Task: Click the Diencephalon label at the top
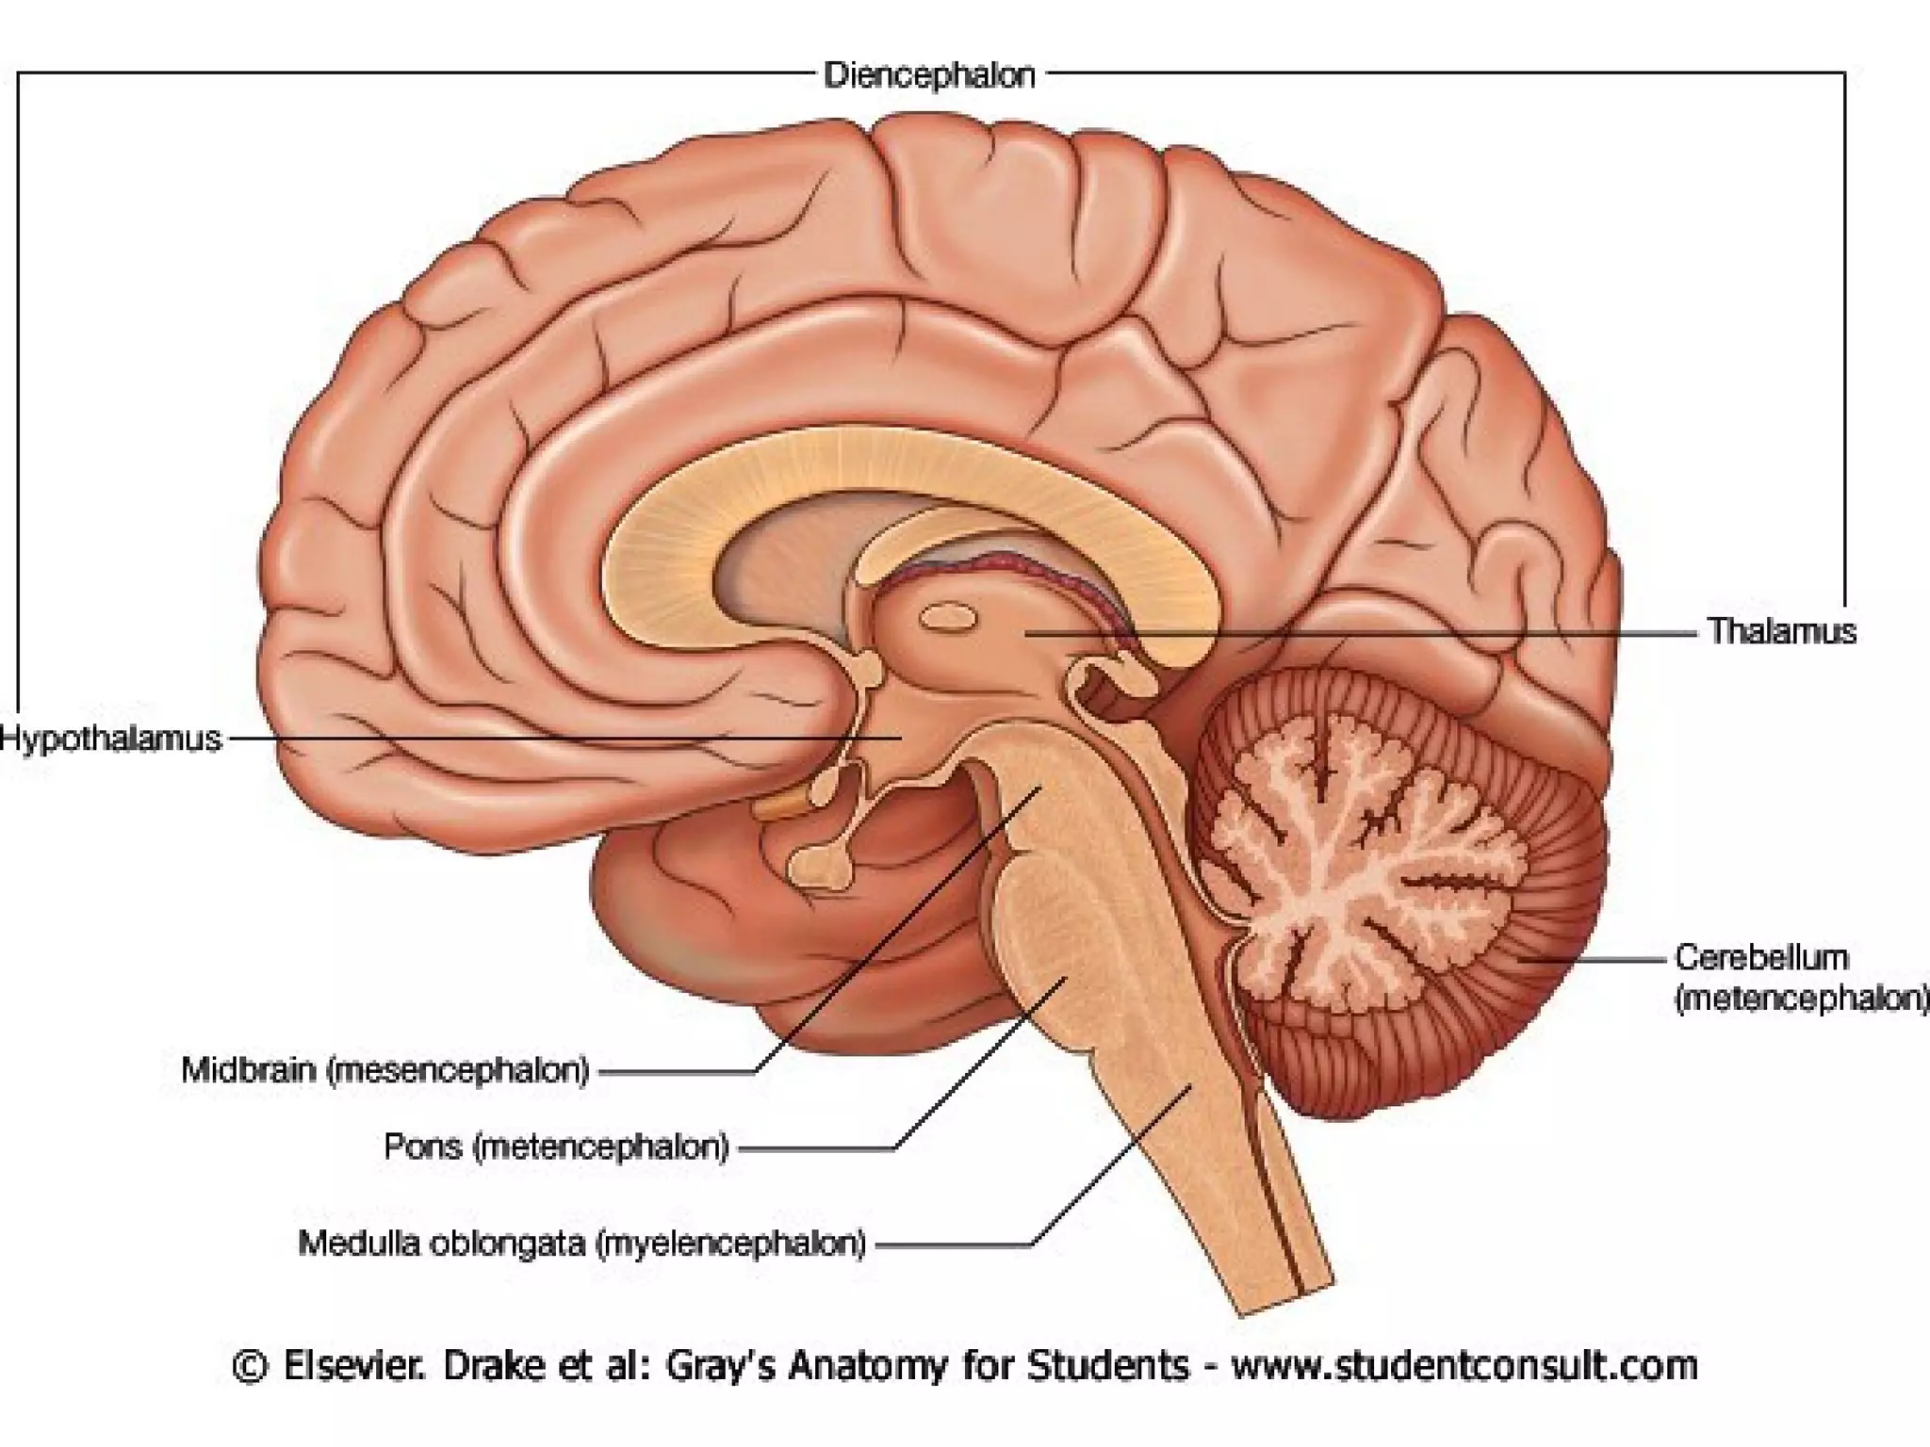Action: (x=929, y=74)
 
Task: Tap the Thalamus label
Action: (x=1781, y=631)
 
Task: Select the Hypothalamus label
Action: (x=110, y=739)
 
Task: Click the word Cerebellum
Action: (x=1760, y=957)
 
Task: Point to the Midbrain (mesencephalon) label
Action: (x=384, y=1070)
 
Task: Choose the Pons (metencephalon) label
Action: (x=556, y=1146)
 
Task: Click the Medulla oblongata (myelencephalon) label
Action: (x=581, y=1244)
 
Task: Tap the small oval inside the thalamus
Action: (x=947, y=618)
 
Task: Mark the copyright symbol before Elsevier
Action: (x=249, y=1366)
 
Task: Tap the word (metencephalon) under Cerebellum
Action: (x=1800, y=999)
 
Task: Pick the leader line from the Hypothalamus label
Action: (x=565, y=739)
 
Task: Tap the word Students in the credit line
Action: (x=1107, y=1365)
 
